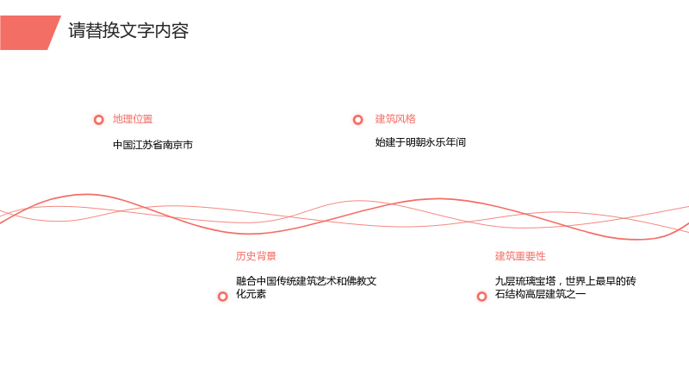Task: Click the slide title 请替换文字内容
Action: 128,31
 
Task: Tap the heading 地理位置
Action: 133,119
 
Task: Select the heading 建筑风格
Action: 395,119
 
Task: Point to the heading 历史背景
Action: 256,256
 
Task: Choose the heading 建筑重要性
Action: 520,256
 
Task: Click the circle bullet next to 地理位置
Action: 99,120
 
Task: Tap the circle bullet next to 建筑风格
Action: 358,120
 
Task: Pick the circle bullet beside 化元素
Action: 223,297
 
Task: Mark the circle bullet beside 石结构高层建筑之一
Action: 482,297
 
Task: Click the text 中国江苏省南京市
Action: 153,145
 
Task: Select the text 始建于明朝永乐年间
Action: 420,142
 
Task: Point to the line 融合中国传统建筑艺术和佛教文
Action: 307,281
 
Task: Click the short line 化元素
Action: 251,294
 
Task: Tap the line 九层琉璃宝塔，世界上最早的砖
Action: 566,281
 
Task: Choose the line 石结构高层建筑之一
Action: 541,294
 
